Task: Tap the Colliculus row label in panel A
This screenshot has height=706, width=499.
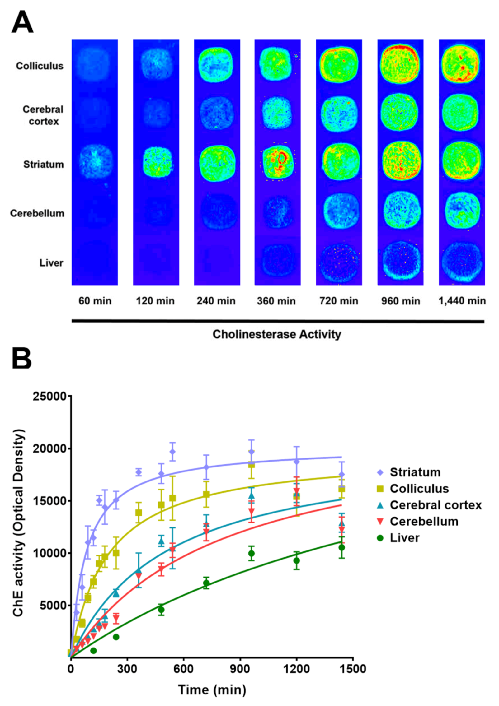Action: (x=40, y=66)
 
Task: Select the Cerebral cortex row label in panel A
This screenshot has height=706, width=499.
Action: (x=43, y=115)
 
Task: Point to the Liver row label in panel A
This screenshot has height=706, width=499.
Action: (x=51, y=263)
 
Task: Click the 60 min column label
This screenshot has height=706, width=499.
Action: (x=95, y=301)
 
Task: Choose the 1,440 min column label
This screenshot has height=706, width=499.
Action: (x=462, y=301)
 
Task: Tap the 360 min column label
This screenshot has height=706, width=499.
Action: (x=276, y=301)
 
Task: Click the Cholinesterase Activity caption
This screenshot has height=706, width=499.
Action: (x=277, y=335)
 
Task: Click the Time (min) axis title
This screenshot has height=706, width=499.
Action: (x=212, y=690)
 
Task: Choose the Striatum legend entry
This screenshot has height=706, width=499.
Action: (x=415, y=472)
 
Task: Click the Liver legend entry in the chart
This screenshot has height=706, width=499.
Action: (x=405, y=538)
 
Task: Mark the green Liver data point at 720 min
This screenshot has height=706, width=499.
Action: (x=206, y=583)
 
